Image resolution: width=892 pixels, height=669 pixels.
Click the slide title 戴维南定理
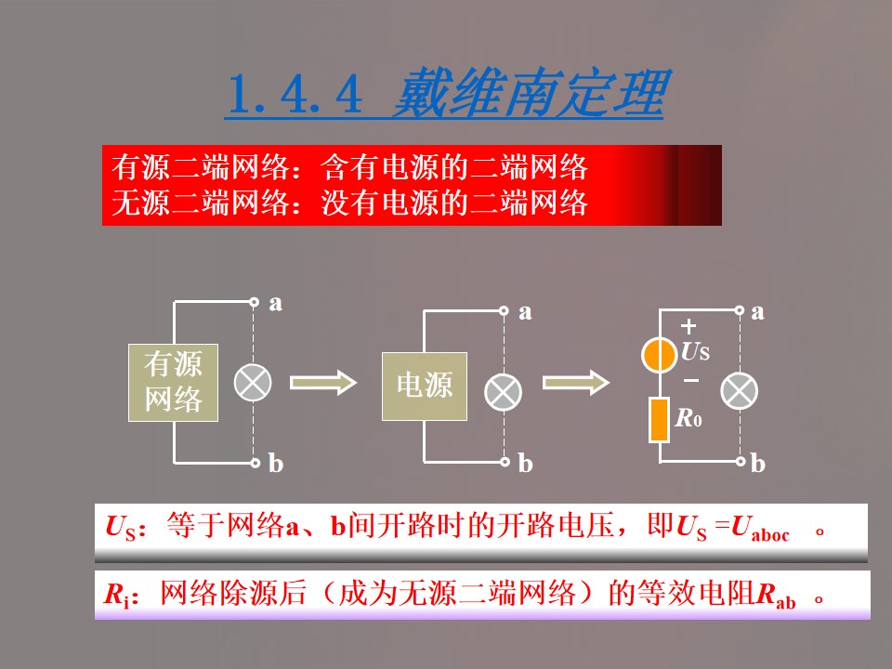pyautogui.click(x=528, y=94)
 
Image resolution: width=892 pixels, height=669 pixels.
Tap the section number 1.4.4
pyautogui.click(x=293, y=94)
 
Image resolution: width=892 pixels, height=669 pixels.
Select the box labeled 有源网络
pyautogui.click(x=173, y=382)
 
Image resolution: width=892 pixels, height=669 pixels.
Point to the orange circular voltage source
pyautogui.click(x=660, y=354)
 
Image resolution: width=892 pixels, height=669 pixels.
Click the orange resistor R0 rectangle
pyautogui.click(x=660, y=419)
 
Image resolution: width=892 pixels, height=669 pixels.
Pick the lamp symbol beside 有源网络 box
pyautogui.click(x=253, y=382)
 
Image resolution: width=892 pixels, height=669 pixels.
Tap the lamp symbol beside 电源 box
pyautogui.click(x=505, y=390)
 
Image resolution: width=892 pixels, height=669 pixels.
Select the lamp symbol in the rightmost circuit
pyautogui.click(x=740, y=390)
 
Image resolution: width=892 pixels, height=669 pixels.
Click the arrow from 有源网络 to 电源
pyautogui.click(x=323, y=382)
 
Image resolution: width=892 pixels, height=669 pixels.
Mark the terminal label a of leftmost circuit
pyautogui.click(x=276, y=303)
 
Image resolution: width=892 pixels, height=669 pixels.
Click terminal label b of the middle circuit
pyautogui.click(x=526, y=463)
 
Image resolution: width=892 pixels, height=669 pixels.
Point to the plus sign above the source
pyautogui.click(x=689, y=326)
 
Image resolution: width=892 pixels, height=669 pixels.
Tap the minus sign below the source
pyautogui.click(x=690, y=380)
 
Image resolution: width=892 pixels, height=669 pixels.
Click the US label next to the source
pyautogui.click(x=695, y=352)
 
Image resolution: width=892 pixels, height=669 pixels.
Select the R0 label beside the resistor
pyautogui.click(x=689, y=419)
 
